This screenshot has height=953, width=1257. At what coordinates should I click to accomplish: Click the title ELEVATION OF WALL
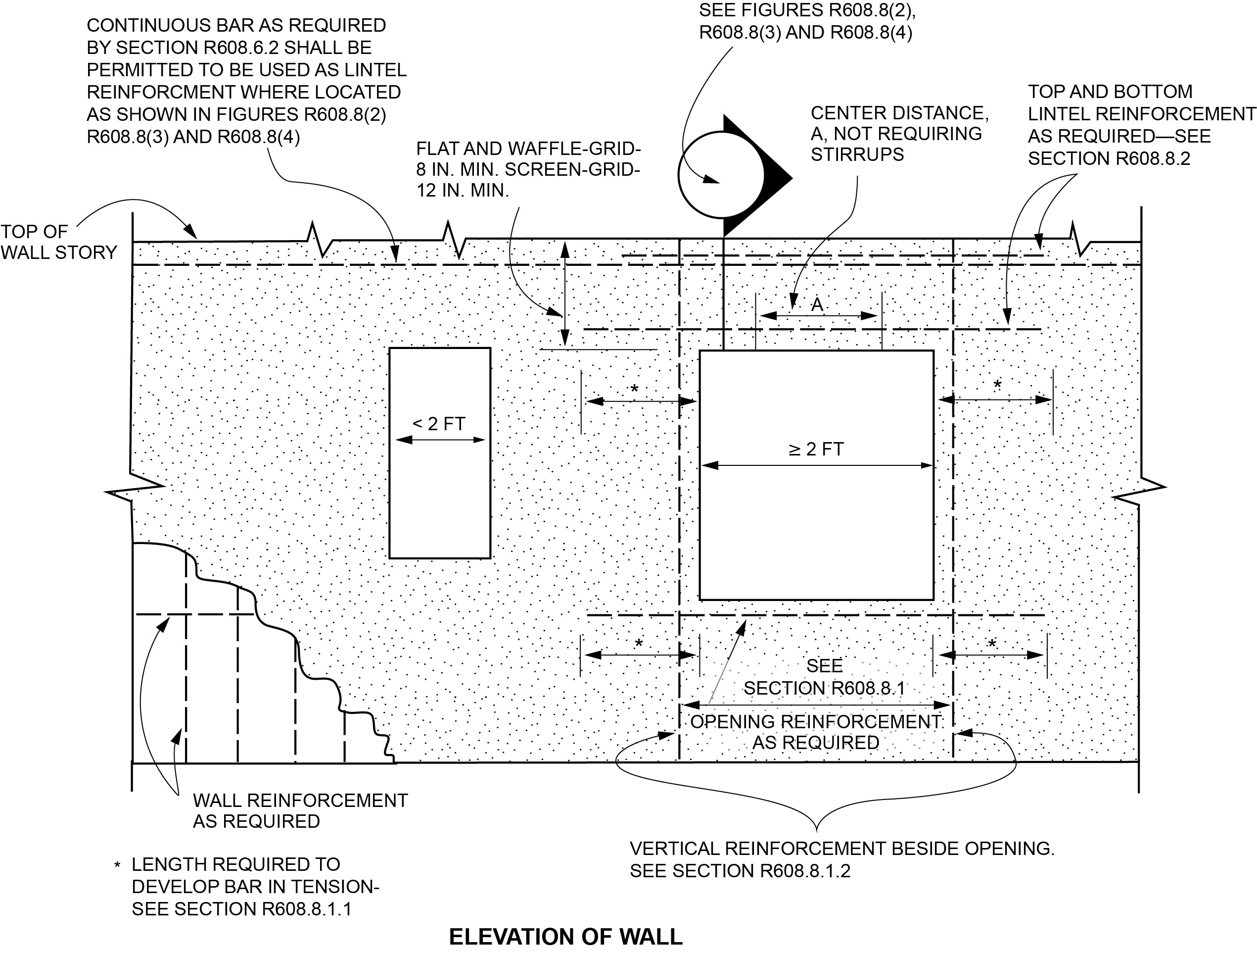565,937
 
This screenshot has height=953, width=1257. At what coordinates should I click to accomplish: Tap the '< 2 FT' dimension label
439,424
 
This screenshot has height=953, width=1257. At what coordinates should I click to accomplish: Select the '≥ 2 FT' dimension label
816,449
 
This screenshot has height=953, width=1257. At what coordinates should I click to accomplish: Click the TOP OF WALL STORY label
58,242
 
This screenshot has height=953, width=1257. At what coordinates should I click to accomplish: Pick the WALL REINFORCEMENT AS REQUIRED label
300,810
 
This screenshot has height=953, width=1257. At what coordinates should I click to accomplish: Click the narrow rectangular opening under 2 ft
439,501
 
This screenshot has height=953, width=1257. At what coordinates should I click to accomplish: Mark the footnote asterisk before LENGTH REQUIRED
117,866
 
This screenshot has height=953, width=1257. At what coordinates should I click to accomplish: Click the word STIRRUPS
857,154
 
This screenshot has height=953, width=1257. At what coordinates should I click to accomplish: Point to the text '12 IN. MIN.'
462,191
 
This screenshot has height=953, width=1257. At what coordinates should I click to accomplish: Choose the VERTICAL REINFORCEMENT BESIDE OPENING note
841,859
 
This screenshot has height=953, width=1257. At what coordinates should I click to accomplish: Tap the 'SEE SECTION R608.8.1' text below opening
824,677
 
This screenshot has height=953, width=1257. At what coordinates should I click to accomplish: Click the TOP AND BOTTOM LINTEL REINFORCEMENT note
1142,125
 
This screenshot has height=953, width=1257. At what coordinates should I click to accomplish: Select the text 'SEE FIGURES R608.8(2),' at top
807,10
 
